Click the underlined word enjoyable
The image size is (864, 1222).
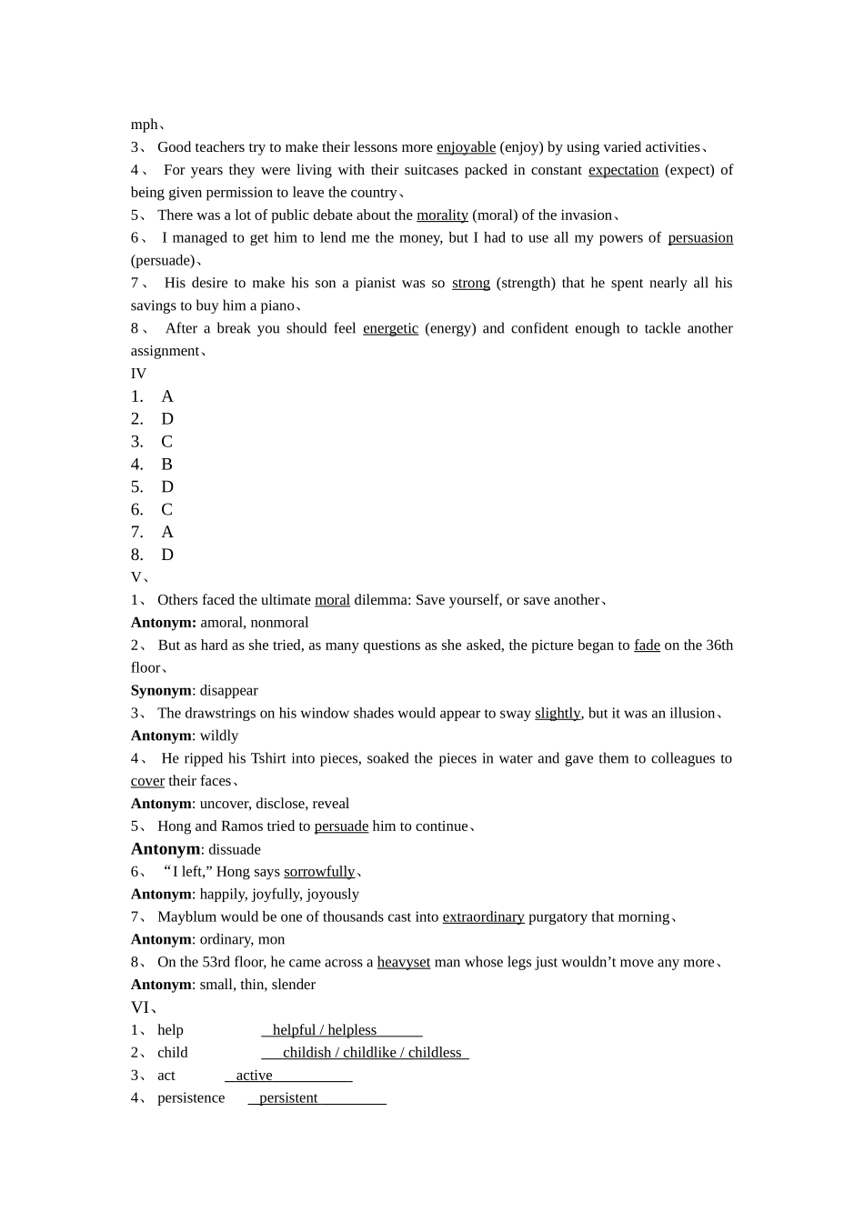(x=466, y=147)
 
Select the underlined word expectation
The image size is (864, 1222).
(x=623, y=170)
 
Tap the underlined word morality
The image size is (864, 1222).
(x=442, y=215)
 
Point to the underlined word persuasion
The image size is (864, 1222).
(x=700, y=238)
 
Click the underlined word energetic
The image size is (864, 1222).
(x=390, y=328)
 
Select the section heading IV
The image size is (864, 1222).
(x=138, y=374)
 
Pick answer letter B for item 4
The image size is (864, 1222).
(x=166, y=465)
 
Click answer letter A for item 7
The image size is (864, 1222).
(x=166, y=532)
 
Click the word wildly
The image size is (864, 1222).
(x=218, y=736)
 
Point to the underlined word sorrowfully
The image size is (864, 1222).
(x=319, y=872)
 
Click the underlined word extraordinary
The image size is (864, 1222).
(x=483, y=917)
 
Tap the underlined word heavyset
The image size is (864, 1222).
(x=403, y=962)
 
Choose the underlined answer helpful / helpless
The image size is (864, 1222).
(x=324, y=1030)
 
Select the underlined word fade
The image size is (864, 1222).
(x=647, y=646)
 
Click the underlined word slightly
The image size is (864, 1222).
(x=557, y=714)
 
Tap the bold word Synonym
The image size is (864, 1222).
(x=161, y=691)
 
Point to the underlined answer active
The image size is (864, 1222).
(x=254, y=1076)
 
